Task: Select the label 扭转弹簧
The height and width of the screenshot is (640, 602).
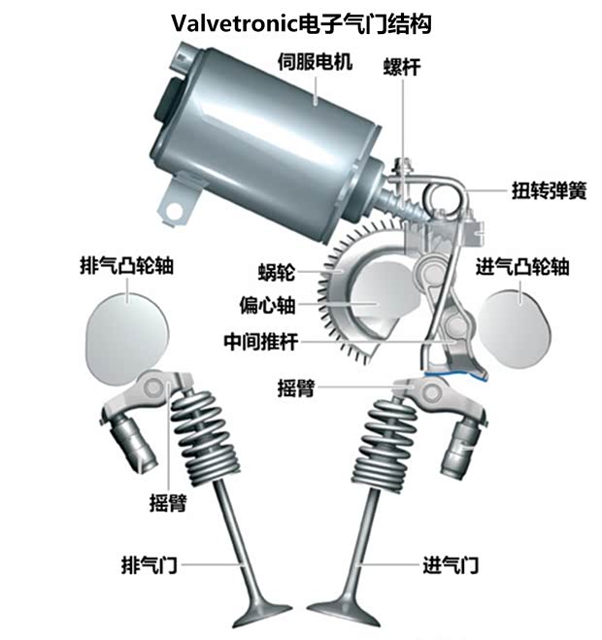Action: tap(549, 190)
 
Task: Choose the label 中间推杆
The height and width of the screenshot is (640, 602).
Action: tap(258, 342)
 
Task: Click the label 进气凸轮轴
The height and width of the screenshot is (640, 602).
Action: tap(522, 268)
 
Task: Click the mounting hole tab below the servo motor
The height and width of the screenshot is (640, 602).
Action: tap(177, 207)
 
